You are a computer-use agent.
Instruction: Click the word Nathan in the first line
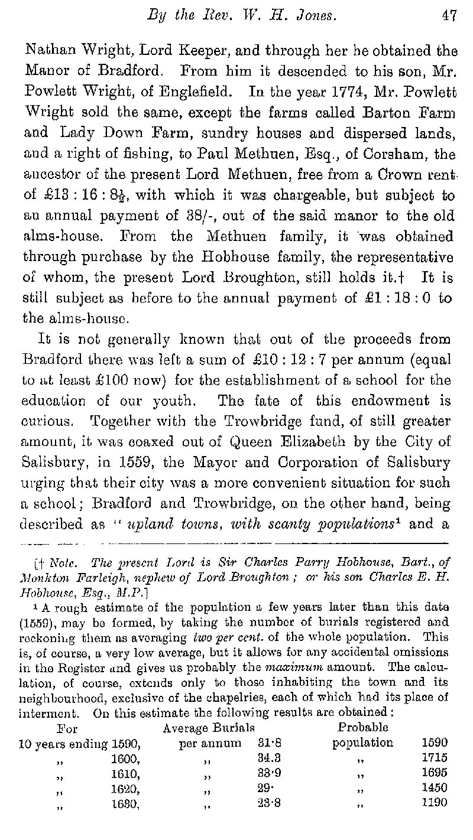pyautogui.click(x=46, y=50)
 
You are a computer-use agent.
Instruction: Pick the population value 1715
pyautogui.click(x=435, y=757)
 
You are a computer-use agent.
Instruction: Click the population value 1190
pyautogui.click(x=435, y=803)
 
